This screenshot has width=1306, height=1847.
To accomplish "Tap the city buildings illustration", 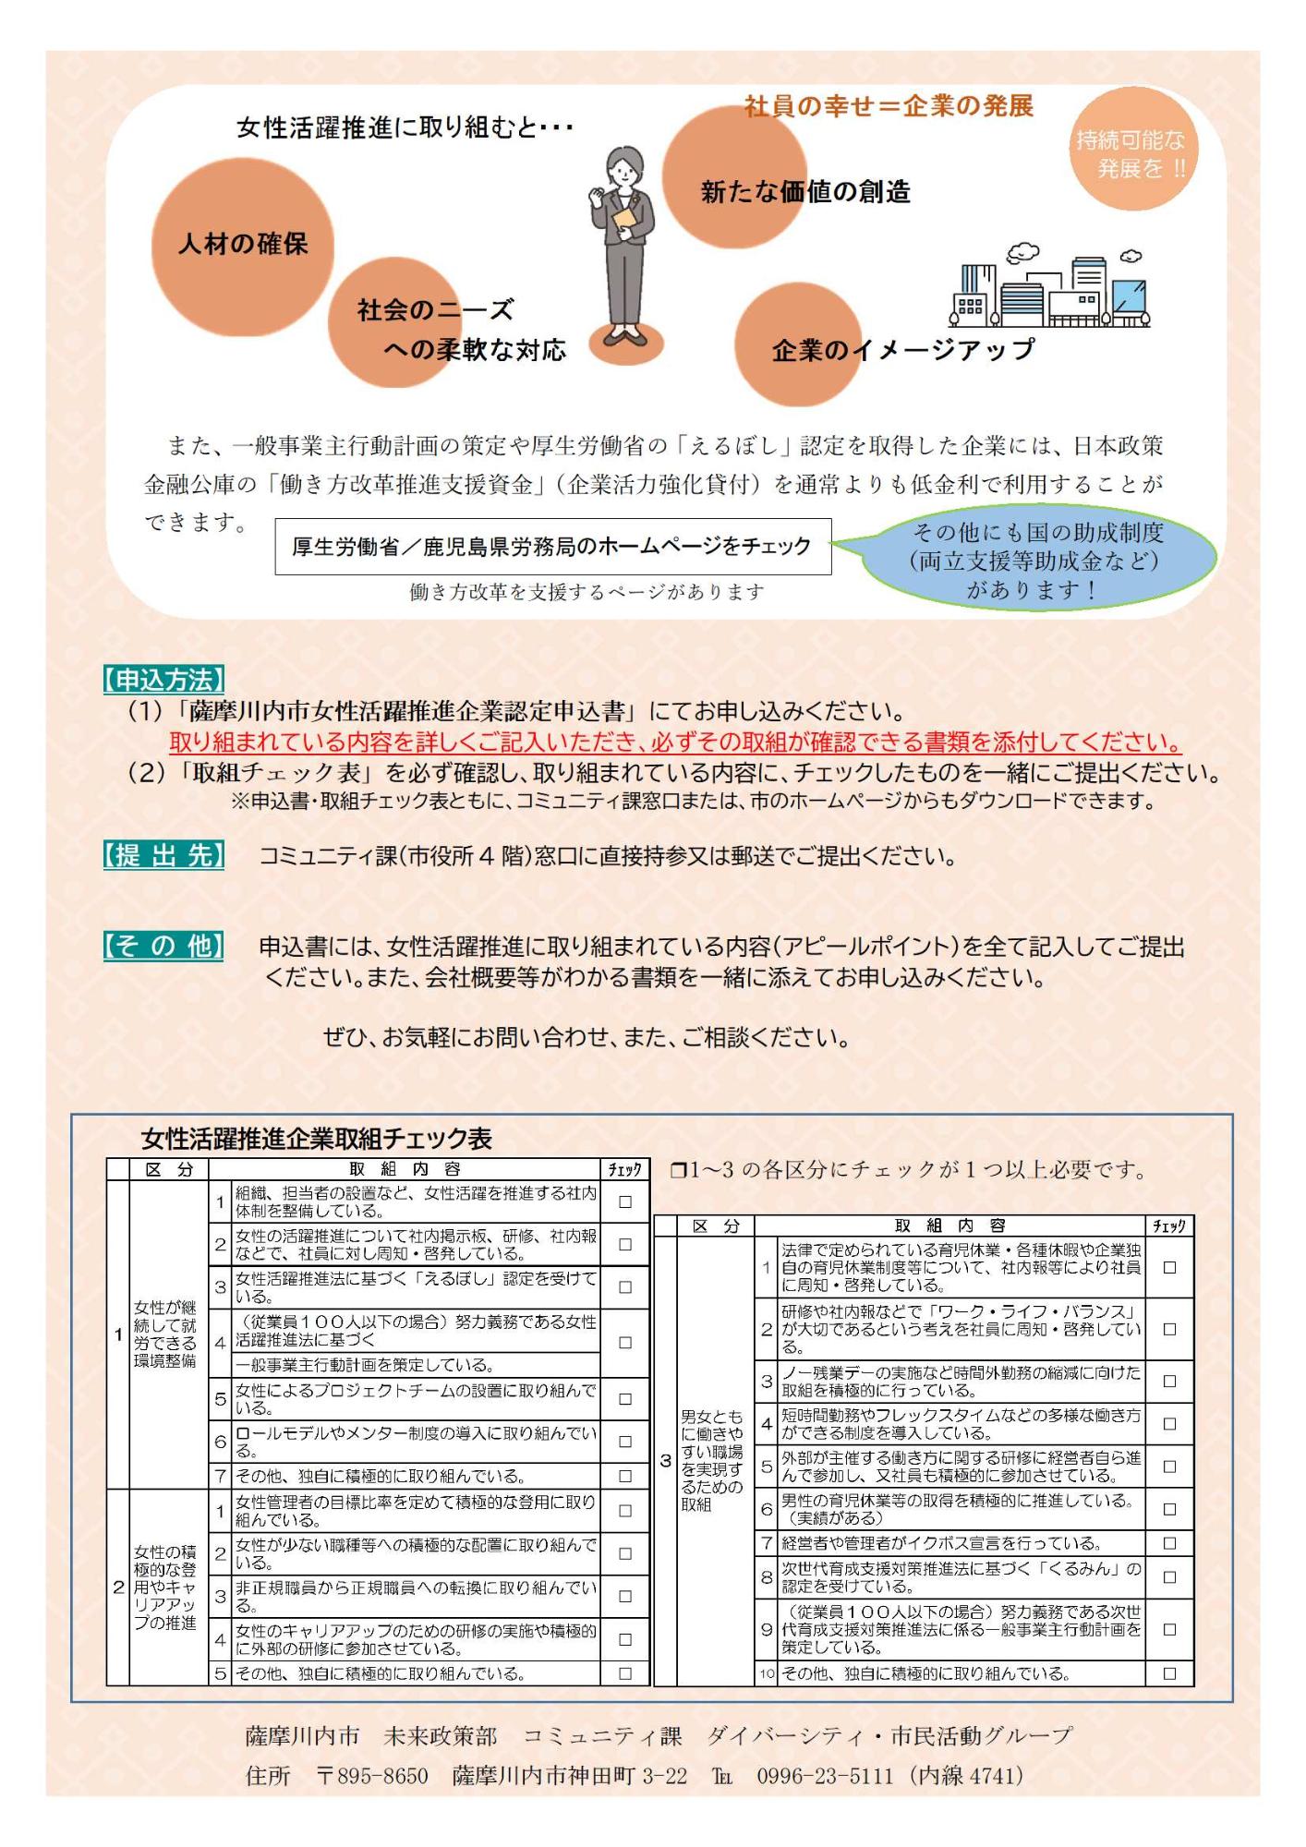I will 1050,289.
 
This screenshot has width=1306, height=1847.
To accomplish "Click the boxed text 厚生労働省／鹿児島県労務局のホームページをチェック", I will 552,547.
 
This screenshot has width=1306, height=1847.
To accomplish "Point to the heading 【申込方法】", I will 163,681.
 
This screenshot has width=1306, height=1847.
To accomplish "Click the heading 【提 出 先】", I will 163,855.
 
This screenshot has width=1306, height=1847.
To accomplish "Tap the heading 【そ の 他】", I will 163,946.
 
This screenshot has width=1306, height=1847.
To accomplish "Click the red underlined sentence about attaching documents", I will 675,742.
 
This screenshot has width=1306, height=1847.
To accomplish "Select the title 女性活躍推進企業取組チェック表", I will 317,1138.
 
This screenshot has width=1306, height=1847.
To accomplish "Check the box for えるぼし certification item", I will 625,1286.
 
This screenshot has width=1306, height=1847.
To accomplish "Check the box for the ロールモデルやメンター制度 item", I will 625,1441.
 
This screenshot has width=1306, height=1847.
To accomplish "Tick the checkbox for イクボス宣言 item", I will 1169,1542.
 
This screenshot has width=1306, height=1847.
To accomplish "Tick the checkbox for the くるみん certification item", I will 1169,1577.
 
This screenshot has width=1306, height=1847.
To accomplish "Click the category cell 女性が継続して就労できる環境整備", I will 165,1334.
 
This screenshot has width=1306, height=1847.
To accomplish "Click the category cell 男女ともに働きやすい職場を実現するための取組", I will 711,1460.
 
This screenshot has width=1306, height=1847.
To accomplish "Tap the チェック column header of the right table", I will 1169,1225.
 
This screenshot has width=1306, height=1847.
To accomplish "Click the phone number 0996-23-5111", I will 825,1775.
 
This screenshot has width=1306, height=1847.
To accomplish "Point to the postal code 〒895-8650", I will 372,1775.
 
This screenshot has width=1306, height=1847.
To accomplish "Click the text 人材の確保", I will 243,244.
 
